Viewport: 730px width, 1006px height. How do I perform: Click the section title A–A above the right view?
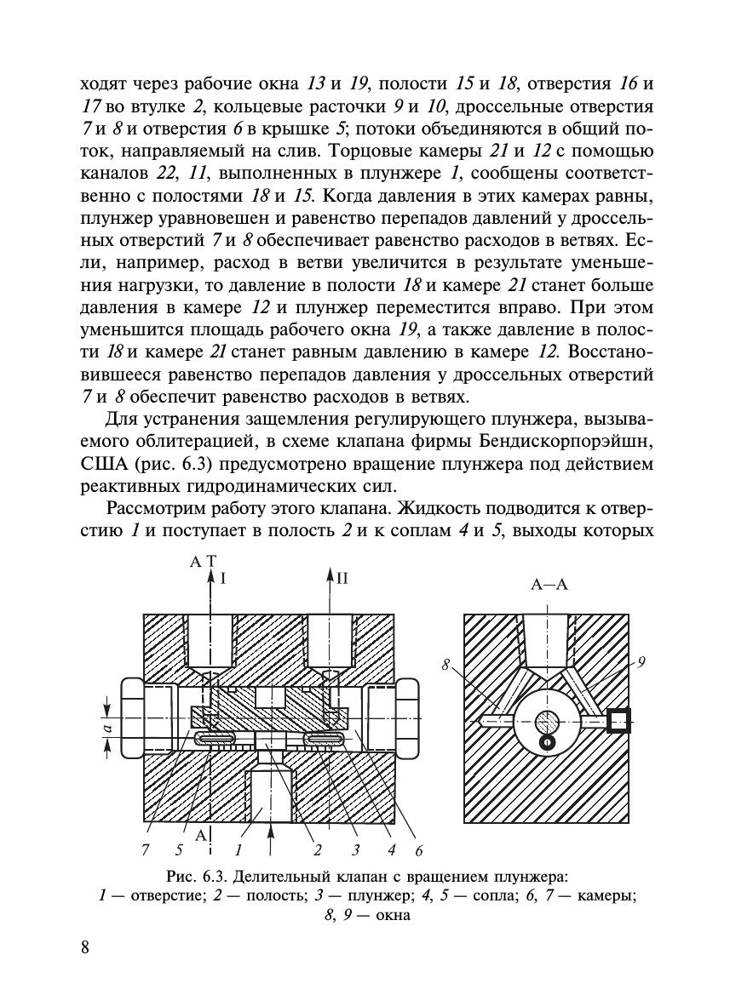(549, 584)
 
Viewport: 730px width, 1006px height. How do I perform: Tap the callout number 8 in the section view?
(445, 666)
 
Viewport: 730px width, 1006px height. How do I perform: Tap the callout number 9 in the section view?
(640, 659)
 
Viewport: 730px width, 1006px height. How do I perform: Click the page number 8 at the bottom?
(85, 948)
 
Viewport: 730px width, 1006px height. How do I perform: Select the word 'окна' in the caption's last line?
(396, 916)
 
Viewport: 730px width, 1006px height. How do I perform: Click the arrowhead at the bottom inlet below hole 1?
(271, 826)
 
